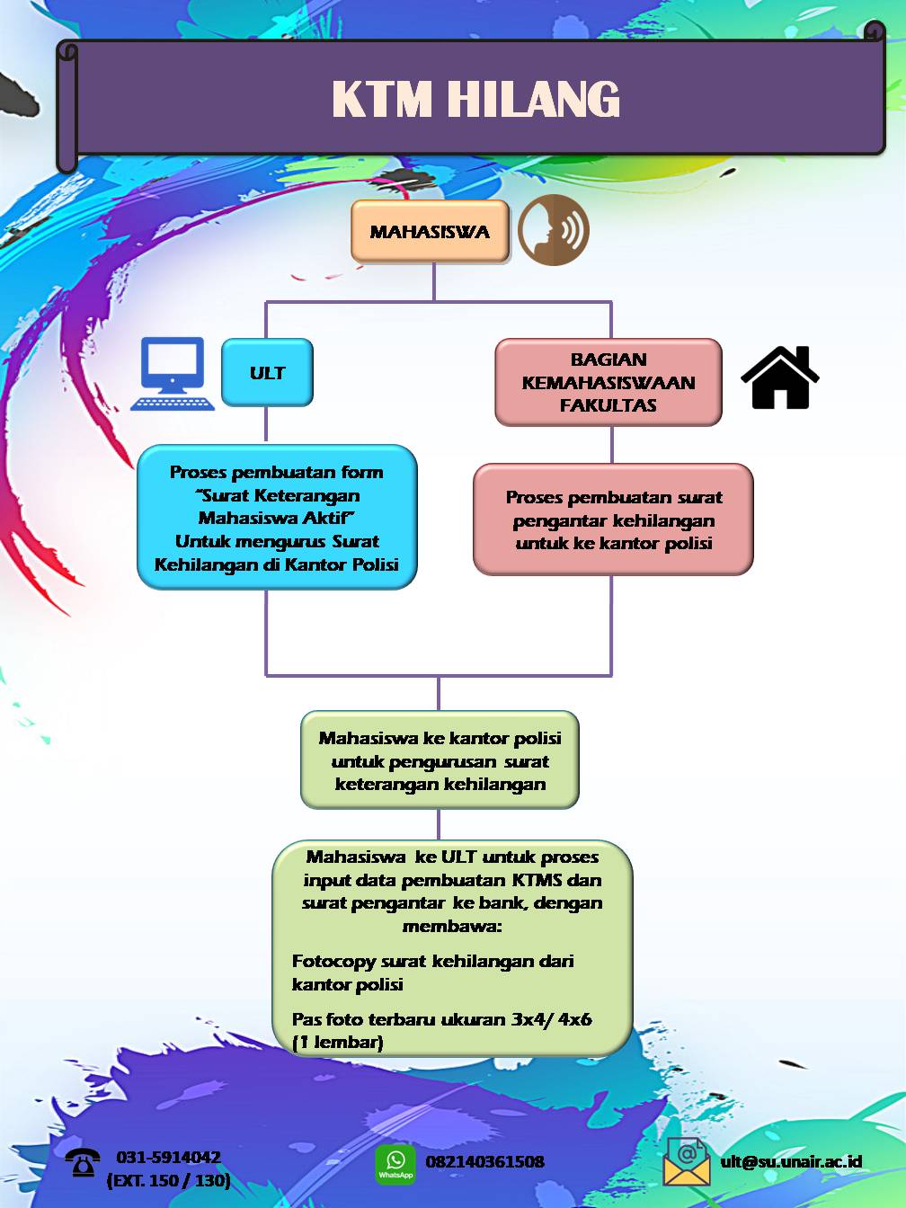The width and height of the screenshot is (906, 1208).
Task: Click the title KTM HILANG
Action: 475,99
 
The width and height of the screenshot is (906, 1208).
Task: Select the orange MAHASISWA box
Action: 430,232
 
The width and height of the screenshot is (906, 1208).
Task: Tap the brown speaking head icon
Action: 553,230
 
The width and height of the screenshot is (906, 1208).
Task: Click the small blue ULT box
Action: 267,373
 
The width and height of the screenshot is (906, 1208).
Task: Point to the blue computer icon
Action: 173,374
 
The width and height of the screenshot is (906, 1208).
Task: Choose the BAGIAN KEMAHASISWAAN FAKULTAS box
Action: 608,382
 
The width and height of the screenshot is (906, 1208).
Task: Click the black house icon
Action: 779,378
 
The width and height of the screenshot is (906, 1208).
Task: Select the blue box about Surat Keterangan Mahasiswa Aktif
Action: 277,518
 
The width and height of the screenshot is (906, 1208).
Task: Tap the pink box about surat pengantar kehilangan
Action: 613,520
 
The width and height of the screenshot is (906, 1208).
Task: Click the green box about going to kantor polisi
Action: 440,760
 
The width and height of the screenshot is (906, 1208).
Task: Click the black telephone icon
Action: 83,1163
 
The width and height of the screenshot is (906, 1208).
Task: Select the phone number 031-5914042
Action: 168,1158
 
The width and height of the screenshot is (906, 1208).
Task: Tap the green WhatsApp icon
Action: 395,1164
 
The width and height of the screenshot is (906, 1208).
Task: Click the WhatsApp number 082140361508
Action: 484,1162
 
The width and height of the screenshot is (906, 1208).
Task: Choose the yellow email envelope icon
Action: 686,1161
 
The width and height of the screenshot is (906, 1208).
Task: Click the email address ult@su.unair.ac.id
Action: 791,1161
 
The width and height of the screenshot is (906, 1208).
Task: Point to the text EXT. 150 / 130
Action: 168,1181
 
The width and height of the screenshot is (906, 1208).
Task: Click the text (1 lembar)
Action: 337,1043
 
